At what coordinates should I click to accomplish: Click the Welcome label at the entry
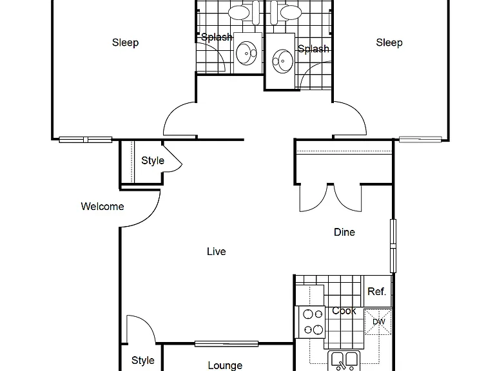[102, 206]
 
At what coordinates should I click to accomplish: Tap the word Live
[217, 251]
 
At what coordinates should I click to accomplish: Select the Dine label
[344, 232]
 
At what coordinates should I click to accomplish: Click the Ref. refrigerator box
[378, 291]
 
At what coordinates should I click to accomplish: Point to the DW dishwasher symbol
[378, 321]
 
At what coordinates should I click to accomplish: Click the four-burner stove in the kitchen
[310, 322]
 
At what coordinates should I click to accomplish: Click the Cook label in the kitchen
[344, 310]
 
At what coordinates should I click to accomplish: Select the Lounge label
[225, 365]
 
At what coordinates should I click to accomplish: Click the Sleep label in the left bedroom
[125, 43]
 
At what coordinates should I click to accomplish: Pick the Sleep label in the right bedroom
[389, 43]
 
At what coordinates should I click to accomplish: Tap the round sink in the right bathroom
[282, 61]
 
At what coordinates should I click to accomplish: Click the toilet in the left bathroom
[244, 13]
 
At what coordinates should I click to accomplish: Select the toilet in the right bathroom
[286, 13]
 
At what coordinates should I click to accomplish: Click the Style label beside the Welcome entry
[153, 160]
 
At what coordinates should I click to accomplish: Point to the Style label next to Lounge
[142, 360]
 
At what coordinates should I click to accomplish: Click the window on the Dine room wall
[393, 246]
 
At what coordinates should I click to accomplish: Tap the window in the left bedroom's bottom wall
[86, 139]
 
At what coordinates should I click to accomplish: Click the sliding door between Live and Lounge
[226, 343]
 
